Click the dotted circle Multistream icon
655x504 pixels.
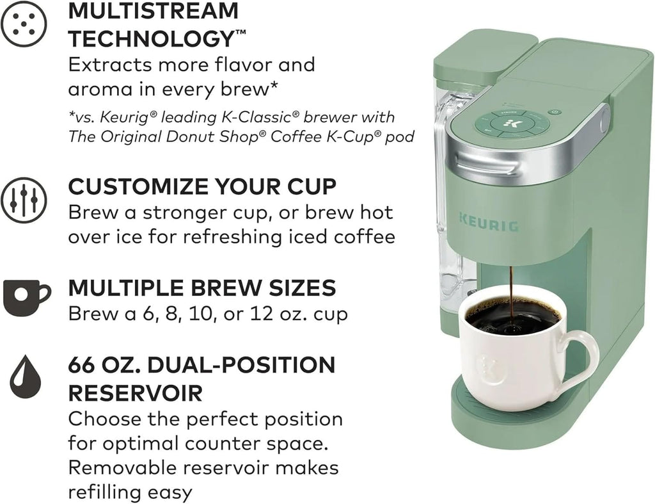24,24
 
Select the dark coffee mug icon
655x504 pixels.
27,297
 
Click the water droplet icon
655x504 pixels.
26,377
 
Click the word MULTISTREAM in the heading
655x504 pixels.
154,10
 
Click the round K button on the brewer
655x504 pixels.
507,124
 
